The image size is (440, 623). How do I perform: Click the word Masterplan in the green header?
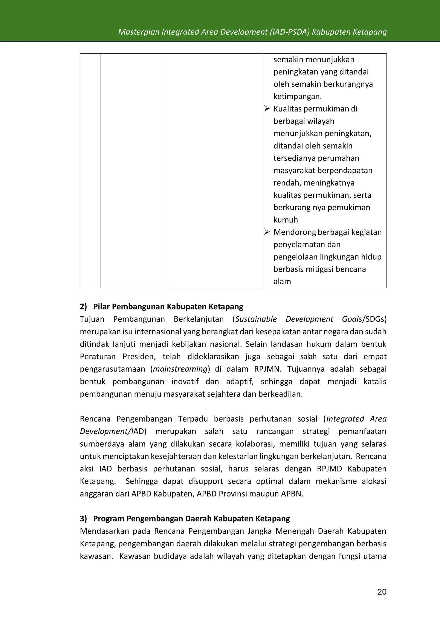138,32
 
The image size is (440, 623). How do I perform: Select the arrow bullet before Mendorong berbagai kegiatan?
267,232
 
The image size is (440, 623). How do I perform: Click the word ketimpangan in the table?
297,96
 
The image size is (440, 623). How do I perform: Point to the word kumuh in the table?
286,220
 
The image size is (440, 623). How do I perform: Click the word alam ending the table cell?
282,281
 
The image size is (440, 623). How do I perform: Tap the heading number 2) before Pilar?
83,307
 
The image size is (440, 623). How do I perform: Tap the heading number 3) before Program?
83,519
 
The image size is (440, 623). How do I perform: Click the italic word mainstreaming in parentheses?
180,369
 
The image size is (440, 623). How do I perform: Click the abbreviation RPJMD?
329,469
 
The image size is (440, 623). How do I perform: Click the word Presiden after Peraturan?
139,357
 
